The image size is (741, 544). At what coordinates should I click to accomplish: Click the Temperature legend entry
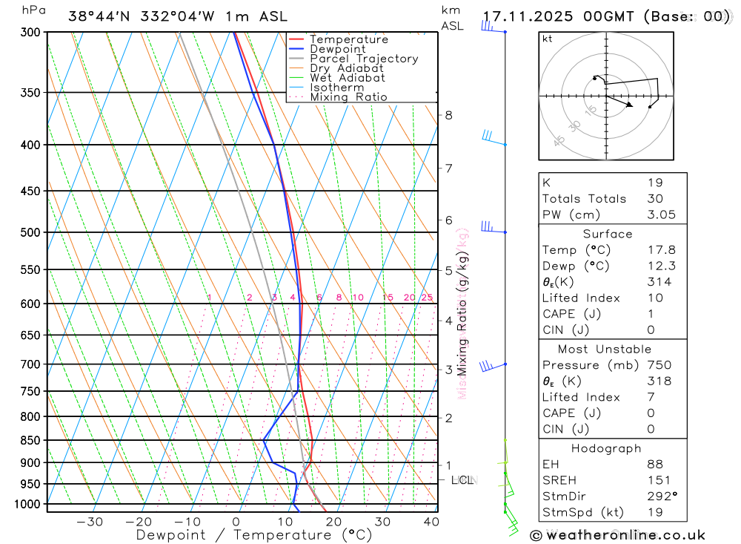pos(348,39)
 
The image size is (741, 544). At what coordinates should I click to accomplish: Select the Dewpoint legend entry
pos(338,49)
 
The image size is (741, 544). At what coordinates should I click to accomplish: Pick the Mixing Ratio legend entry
pos(348,96)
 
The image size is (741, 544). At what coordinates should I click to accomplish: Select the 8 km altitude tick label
pos(448,115)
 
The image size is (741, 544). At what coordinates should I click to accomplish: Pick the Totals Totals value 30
pos(654,198)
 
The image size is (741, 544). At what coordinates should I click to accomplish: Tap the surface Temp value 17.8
pos(661,250)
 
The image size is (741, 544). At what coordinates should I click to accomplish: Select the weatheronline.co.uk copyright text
pos(617,534)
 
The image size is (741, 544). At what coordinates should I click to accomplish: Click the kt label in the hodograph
pos(548,39)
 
